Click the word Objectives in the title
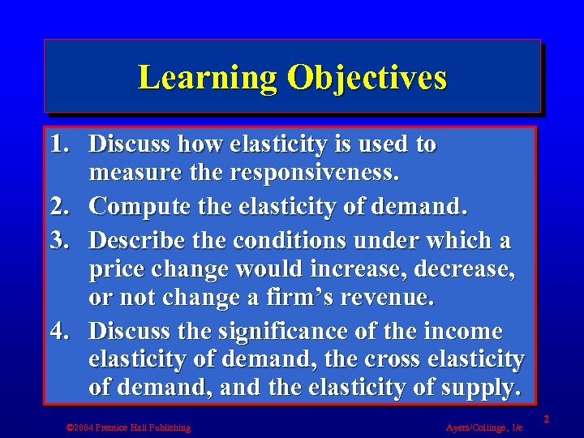[366, 78]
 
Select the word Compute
[141, 207]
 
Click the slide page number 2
[547, 419]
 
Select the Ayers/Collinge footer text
[484, 427]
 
